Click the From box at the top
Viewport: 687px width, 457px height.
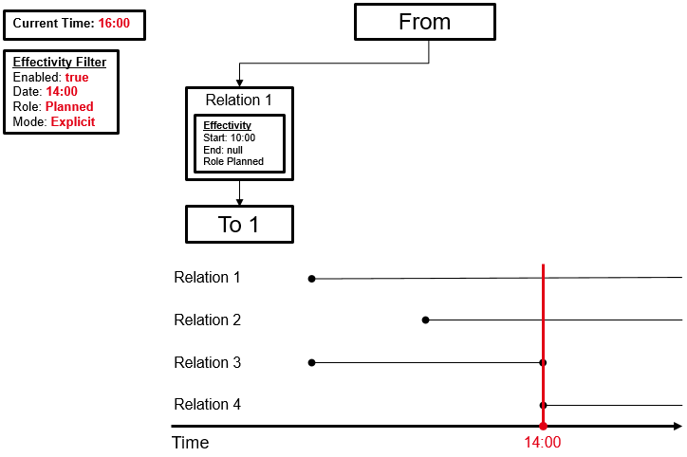(x=424, y=22)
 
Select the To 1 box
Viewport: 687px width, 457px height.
(x=239, y=225)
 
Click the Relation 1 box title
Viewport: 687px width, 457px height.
(x=239, y=101)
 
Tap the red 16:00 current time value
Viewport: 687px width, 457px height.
(x=114, y=23)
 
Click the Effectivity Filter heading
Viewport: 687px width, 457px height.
(x=59, y=62)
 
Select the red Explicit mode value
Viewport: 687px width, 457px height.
(x=73, y=122)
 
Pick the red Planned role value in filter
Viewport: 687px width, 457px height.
(x=69, y=107)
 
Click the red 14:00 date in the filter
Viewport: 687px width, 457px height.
(x=62, y=92)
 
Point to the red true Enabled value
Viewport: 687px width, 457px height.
(x=77, y=77)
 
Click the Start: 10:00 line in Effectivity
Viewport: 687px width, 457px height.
(x=230, y=137)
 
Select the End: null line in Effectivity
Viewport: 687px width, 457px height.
(x=223, y=150)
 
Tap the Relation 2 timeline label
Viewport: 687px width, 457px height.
(x=207, y=320)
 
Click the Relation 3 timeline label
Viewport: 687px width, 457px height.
(x=207, y=363)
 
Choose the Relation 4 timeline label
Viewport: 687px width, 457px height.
(x=207, y=405)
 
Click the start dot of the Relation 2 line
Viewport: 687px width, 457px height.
(x=425, y=320)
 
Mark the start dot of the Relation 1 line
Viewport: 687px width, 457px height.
(x=311, y=279)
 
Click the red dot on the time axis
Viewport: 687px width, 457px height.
(x=543, y=427)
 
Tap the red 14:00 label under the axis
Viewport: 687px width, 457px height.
(x=543, y=443)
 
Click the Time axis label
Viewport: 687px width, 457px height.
(x=190, y=443)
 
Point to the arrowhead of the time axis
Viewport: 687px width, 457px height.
(x=677, y=427)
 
